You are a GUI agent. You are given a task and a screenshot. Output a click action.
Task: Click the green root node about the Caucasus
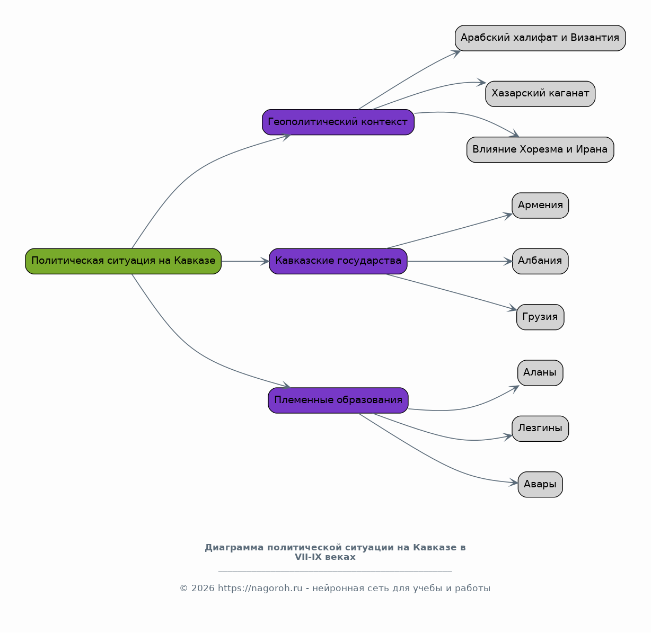click(x=123, y=261)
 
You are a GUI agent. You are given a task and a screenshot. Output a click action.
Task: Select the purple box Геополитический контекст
click(x=338, y=122)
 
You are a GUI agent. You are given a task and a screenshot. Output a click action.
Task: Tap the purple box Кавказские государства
click(x=338, y=261)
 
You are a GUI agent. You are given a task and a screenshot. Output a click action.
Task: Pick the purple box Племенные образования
click(x=338, y=400)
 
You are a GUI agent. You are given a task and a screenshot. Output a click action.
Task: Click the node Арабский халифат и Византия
click(x=540, y=38)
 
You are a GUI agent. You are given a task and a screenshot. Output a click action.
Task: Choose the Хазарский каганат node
click(x=540, y=94)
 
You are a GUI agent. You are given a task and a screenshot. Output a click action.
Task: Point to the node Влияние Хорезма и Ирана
click(x=540, y=150)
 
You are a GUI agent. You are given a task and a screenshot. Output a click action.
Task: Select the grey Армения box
click(x=540, y=206)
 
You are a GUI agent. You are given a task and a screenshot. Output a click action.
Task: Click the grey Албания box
click(x=540, y=261)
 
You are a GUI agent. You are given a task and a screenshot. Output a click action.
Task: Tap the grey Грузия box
click(x=540, y=317)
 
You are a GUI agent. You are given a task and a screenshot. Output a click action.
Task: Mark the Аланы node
click(x=540, y=373)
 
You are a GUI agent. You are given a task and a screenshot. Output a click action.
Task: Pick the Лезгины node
click(x=540, y=429)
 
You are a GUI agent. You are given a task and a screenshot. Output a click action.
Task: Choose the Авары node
click(x=540, y=485)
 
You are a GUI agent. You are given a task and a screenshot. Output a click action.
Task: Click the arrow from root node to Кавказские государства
click(x=245, y=261)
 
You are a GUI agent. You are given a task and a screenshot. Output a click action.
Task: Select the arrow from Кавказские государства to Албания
click(x=460, y=261)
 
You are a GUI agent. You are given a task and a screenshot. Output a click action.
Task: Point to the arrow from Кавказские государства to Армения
click(x=449, y=231)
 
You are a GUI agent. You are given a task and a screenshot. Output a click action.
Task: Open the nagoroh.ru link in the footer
click(x=260, y=588)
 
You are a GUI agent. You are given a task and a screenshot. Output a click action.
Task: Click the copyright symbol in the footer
click(x=183, y=588)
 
